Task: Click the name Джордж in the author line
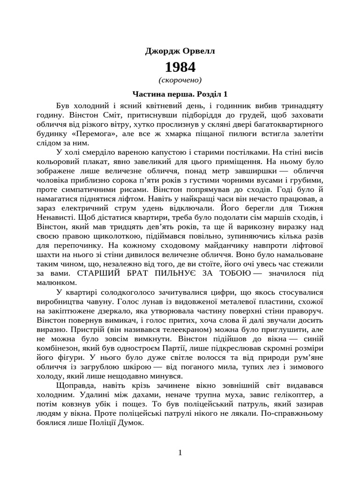(162, 51)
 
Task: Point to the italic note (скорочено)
(180, 80)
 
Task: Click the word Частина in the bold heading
(148, 94)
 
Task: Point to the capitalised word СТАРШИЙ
(104, 273)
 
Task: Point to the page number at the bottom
(180, 452)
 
